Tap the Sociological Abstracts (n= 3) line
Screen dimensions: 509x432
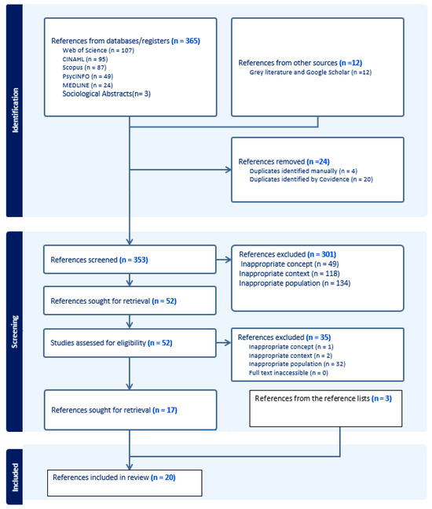(x=101, y=94)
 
